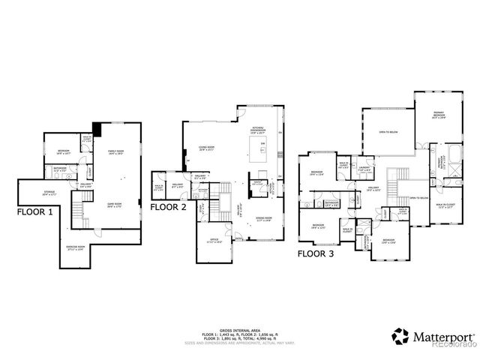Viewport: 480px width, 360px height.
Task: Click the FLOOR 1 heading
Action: (35, 211)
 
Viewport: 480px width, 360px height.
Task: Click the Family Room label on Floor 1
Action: (115, 152)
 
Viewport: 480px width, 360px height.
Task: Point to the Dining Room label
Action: (263, 220)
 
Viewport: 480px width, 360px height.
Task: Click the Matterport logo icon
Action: (401, 335)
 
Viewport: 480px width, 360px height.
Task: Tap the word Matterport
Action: (444, 336)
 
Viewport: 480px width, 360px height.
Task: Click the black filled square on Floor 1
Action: (97, 127)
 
